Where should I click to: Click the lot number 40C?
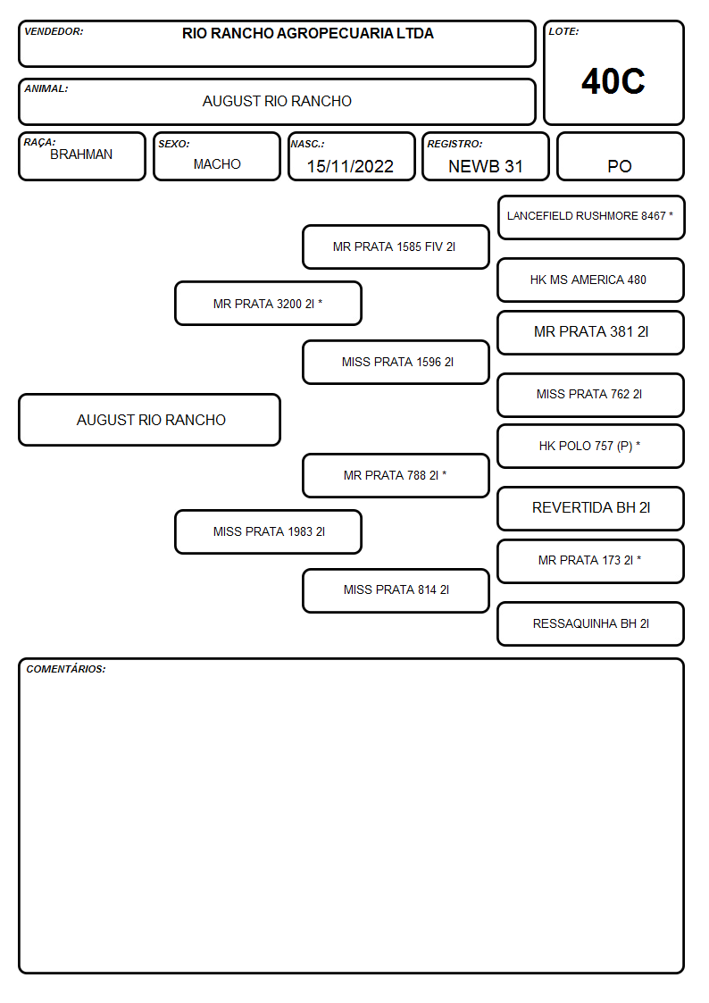tap(613, 81)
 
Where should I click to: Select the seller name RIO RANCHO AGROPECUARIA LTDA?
tap(307, 33)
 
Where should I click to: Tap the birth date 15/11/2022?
tap(350, 166)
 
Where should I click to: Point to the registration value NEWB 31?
tap(485, 166)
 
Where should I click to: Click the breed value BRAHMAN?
tap(81, 155)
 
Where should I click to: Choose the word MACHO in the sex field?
tap(217, 164)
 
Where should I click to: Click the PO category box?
tap(620, 156)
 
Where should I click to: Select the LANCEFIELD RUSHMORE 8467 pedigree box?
tap(591, 218)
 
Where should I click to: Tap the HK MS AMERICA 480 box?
tap(591, 280)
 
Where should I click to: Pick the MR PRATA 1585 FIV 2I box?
tap(396, 247)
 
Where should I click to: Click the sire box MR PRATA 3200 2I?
tap(268, 303)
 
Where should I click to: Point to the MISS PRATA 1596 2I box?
tap(396, 362)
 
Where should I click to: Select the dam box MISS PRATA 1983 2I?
tap(268, 531)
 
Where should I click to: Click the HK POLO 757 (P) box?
tap(591, 446)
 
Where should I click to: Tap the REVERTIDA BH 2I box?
tap(591, 508)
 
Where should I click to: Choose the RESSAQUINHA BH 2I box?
tap(591, 623)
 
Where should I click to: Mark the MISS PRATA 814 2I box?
tap(396, 590)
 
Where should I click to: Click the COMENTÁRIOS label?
tap(66, 669)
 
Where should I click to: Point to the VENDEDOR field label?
tap(54, 31)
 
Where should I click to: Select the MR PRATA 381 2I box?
tap(591, 332)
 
